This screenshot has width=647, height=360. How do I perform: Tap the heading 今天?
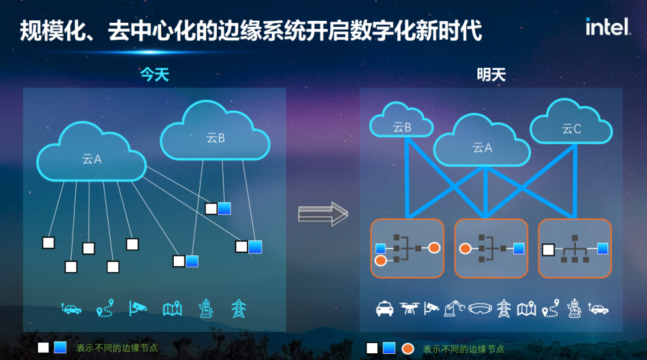point(154,75)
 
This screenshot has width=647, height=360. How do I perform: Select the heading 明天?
point(491,75)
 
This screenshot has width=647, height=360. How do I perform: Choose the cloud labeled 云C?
point(571,125)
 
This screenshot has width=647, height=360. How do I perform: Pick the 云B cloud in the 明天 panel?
point(401,122)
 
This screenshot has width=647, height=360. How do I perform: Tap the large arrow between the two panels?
point(323,214)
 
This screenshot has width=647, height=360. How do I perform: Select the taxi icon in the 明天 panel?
point(385,308)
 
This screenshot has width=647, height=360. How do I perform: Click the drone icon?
point(409,308)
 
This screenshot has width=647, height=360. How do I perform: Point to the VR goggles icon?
point(479,308)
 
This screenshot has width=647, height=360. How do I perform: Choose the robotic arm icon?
point(454,308)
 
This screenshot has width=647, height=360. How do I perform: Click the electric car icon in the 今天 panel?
point(71,308)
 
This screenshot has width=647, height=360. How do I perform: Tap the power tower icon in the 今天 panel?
point(238,308)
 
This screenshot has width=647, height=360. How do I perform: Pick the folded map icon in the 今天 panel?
point(172,308)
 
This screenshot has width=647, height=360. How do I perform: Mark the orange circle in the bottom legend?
point(407,349)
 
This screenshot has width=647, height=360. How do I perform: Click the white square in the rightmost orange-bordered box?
point(548,249)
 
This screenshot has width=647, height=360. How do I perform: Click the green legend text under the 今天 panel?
point(117,348)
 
